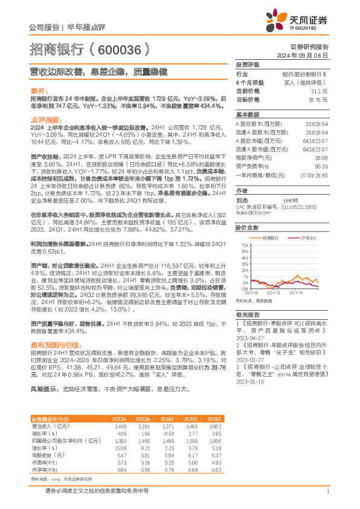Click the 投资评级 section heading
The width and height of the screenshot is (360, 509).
(x=248, y=64)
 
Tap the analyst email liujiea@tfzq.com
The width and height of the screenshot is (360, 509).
(x=249, y=212)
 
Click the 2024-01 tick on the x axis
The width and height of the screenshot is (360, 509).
(x=286, y=292)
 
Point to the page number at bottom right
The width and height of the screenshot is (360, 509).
(x=327, y=491)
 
